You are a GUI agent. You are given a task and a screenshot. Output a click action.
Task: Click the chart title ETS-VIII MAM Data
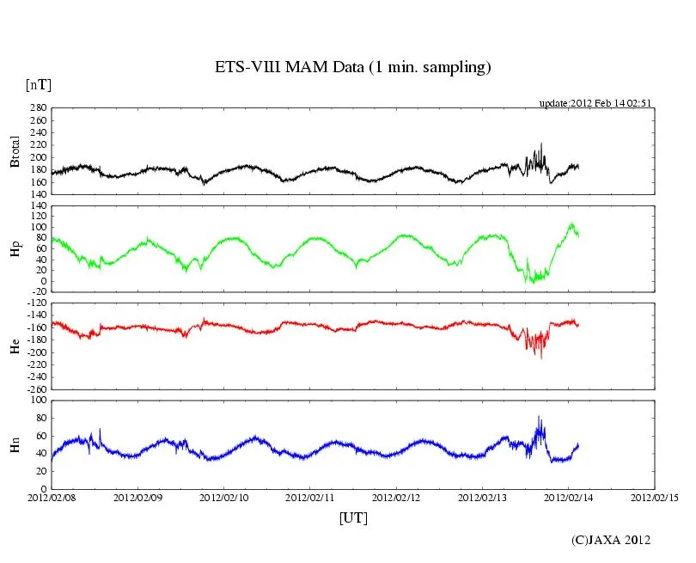[x=352, y=67]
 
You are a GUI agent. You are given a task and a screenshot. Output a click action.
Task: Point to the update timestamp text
[x=595, y=102]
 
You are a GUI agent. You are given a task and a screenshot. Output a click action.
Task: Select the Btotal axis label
[x=15, y=152]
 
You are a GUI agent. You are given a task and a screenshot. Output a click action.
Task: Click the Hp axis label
[x=15, y=248]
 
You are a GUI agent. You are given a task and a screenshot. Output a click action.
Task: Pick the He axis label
[x=15, y=346]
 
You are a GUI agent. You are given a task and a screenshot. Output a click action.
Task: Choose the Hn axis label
[x=15, y=444]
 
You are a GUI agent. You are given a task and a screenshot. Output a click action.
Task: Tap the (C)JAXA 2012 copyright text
[x=611, y=540]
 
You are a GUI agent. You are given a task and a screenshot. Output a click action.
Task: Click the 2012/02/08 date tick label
[x=52, y=498]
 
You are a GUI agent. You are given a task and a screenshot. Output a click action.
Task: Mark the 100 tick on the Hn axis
[x=38, y=401]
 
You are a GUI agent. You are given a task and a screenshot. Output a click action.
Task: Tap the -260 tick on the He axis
[x=34, y=389]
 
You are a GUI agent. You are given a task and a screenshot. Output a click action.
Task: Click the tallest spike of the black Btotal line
[x=541, y=144]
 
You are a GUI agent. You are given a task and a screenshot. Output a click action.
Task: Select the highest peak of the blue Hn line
[x=539, y=417]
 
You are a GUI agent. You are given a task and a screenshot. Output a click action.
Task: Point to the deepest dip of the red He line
[x=541, y=358]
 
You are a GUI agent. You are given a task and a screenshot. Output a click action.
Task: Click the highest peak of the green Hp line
[x=571, y=223]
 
